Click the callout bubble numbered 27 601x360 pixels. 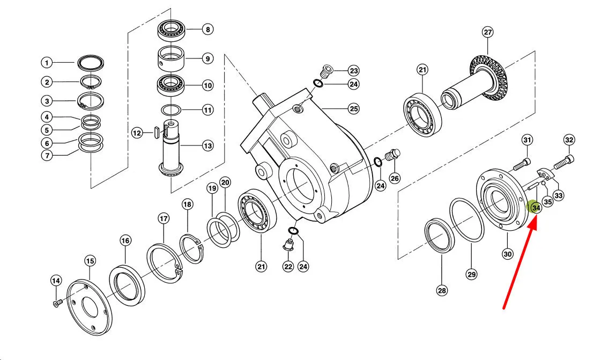point(487,32)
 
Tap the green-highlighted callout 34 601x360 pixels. point(536,208)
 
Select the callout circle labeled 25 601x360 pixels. point(354,109)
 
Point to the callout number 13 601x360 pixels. point(207,146)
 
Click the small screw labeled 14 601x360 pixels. point(56,304)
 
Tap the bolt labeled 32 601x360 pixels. point(563,163)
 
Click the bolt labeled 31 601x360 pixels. point(522,164)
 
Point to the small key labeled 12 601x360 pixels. point(156,133)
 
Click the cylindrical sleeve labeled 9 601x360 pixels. point(172,58)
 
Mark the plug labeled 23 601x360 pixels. point(327,71)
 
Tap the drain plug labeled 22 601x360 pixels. point(288,244)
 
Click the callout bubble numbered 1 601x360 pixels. point(47,62)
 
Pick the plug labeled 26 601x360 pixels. point(392,155)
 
